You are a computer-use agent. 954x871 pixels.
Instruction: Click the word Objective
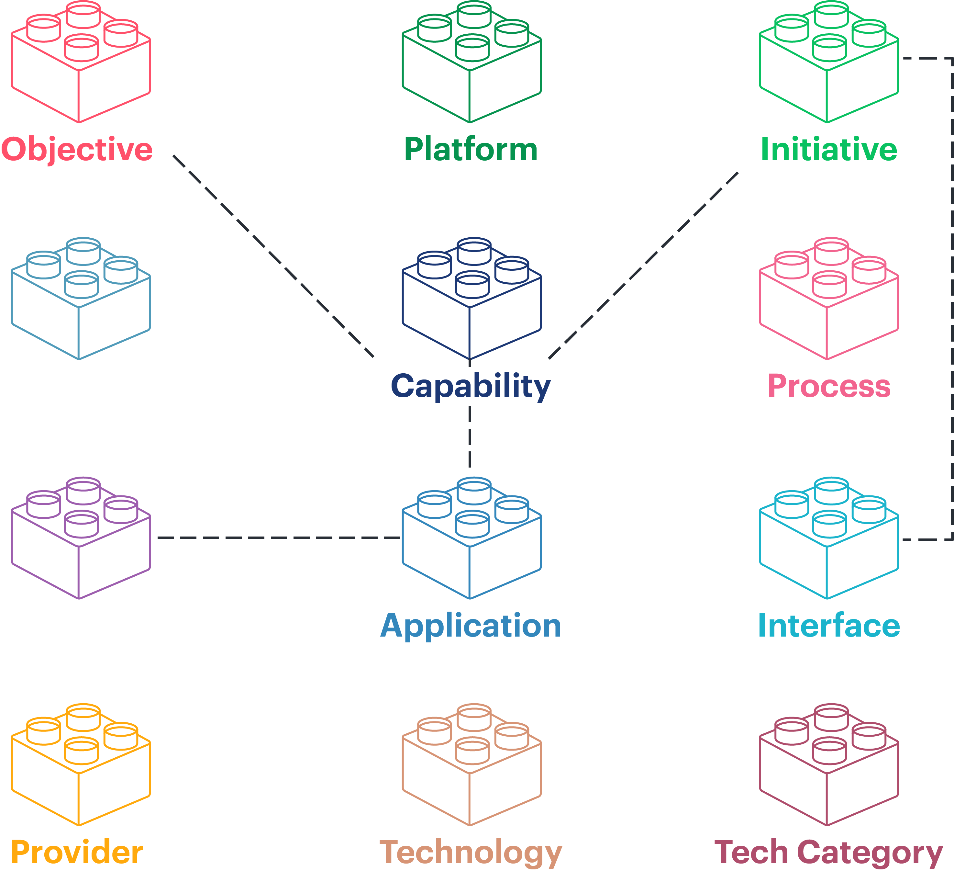coord(77,150)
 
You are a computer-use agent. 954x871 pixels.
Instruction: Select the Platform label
coord(471,150)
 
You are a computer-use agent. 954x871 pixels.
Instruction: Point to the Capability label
coord(471,386)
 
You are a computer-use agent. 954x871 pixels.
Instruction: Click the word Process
coord(829,386)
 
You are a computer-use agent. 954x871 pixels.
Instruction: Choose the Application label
coord(471,626)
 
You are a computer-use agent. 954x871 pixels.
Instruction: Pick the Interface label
coord(829,626)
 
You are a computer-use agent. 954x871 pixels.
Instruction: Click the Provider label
coord(77,853)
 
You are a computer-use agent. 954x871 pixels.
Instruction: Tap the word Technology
coord(471,853)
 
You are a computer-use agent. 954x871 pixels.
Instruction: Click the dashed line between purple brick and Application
coord(279,538)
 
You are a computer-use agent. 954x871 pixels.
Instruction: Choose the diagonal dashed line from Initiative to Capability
coord(644,266)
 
